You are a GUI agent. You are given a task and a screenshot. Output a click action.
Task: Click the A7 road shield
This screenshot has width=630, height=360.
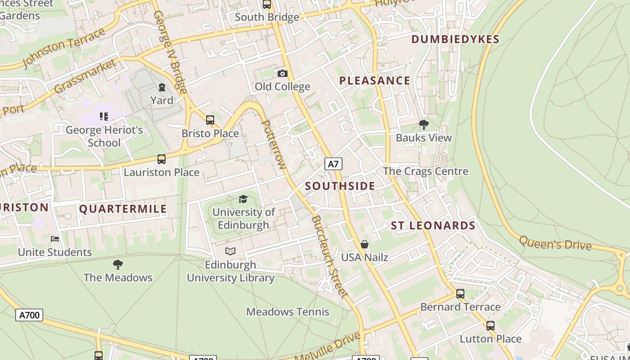click(x=333, y=164)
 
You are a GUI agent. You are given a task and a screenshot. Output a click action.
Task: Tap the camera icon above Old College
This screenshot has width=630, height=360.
click(x=282, y=73)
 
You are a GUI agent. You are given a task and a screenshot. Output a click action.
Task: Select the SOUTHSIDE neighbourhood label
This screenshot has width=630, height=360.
click(x=340, y=186)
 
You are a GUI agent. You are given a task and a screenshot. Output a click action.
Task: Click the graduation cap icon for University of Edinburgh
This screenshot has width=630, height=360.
click(x=243, y=199)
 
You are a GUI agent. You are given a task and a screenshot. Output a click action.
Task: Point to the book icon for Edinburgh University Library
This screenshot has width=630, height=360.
click(x=230, y=251)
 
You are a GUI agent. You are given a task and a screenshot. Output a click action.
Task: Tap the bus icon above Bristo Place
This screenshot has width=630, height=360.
click(x=210, y=120)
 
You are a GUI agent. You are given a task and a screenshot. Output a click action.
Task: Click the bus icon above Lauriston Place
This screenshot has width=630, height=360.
click(x=161, y=159)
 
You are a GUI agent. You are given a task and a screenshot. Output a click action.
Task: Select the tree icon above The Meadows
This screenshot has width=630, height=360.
click(x=118, y=264)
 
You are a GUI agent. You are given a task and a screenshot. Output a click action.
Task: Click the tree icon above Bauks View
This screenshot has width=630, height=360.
click(x=423, y=125)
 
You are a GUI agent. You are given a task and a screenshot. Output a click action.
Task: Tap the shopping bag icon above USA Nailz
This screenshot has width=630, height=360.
click(x=364, y=244)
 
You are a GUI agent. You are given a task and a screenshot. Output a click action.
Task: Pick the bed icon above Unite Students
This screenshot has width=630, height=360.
click(x=55, y=239)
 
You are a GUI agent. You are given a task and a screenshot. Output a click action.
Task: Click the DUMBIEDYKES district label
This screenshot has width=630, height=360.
click(x=455, y=40)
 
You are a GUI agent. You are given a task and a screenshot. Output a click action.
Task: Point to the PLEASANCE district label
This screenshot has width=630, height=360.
click(x=374, y=81)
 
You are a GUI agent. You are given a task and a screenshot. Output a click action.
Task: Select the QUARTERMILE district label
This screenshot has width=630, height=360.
click(x=123, y=209)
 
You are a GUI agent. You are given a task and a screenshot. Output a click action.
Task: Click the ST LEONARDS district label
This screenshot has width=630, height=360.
click(x=433, y=226)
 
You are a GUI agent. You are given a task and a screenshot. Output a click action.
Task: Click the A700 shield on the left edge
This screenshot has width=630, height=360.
click(x=30, y=315)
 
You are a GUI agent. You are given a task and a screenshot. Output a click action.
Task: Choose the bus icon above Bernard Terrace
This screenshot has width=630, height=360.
click(x=460, y=294)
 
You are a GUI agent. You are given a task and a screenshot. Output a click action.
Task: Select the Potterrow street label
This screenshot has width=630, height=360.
click(x=274, y=144)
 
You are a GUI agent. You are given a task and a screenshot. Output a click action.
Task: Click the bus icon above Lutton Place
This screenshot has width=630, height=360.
click(x=490, y=326)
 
